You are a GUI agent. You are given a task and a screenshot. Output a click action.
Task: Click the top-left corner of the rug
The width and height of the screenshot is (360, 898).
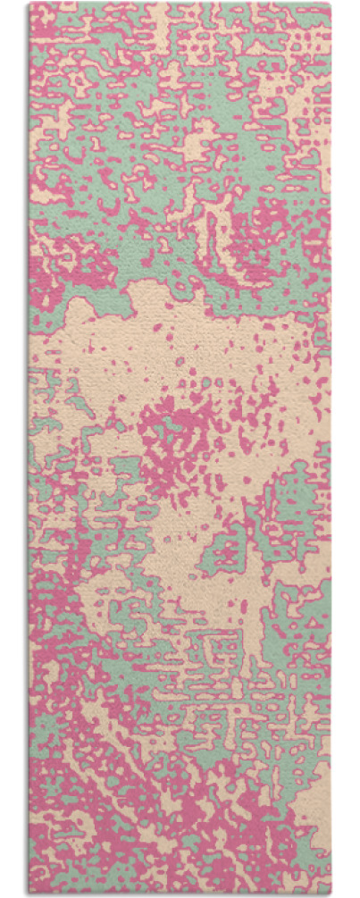(x=29, y=4)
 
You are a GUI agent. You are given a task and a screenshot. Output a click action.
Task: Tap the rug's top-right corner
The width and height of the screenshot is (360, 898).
(x=331, y=4)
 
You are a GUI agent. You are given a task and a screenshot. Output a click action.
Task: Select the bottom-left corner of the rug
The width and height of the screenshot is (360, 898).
(x=29, y=890)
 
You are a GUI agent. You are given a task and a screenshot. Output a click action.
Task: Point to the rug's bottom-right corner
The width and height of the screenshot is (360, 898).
(x=331, y=890)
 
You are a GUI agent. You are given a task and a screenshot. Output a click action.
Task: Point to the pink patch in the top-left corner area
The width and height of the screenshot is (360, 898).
(x=49, y=27)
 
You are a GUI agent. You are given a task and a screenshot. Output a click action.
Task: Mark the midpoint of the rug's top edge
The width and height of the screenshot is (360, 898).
(x=180, y=4)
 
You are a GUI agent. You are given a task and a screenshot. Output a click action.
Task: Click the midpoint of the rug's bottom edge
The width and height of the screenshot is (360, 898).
(x=180, y=890)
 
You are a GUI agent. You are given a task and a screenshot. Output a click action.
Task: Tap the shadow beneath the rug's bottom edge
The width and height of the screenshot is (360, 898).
(x=180, y=894)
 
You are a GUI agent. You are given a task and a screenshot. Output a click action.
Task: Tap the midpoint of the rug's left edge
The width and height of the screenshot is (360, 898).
(x=29, y=447)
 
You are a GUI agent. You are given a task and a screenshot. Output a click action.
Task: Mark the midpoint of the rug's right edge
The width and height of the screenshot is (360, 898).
(x=331, y=447)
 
